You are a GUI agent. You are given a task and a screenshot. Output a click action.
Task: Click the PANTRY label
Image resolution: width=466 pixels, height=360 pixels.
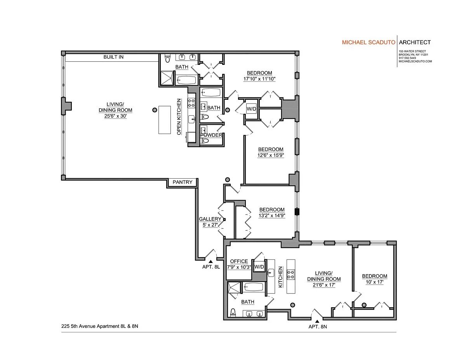182,182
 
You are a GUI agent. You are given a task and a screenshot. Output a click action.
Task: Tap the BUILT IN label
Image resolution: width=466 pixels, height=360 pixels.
113,57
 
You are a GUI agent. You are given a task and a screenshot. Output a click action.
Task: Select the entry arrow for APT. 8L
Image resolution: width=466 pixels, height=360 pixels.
210,261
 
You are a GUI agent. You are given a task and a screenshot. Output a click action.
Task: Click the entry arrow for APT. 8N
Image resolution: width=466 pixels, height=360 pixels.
317,321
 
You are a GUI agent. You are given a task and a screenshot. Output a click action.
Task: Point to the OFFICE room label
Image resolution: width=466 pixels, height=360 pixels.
239,261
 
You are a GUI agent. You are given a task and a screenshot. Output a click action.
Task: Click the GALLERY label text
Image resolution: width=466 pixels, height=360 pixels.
210,219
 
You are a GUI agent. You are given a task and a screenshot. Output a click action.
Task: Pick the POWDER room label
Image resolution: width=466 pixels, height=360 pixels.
211,135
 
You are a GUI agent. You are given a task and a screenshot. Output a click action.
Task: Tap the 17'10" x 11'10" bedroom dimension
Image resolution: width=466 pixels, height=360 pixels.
259,79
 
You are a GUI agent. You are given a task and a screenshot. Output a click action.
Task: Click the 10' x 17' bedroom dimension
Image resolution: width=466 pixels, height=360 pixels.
374,282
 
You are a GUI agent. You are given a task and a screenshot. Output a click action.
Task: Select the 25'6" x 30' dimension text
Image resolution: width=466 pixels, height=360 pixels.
115,116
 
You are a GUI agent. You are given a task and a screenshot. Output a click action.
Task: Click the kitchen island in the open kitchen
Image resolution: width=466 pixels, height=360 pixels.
165,120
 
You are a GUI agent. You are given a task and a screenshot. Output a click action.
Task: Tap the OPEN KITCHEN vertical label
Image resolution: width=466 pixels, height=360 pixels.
179,117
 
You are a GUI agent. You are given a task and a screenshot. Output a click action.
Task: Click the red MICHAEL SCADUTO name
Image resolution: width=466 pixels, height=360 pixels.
369,42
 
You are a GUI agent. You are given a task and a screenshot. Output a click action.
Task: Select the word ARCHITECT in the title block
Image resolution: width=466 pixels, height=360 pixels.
415,42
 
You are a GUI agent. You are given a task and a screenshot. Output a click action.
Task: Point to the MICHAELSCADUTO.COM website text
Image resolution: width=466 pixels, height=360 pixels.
415,61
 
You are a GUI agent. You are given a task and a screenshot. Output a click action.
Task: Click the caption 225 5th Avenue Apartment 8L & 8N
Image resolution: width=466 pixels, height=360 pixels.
100,326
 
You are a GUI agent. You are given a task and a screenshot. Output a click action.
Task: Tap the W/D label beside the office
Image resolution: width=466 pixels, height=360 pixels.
259,267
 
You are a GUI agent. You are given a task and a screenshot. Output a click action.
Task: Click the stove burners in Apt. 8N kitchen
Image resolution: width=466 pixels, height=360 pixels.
291,275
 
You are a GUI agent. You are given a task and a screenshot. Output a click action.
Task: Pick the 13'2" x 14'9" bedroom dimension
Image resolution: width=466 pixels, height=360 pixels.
272,215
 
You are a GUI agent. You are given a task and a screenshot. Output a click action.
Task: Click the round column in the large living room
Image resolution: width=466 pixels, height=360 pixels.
155,110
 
